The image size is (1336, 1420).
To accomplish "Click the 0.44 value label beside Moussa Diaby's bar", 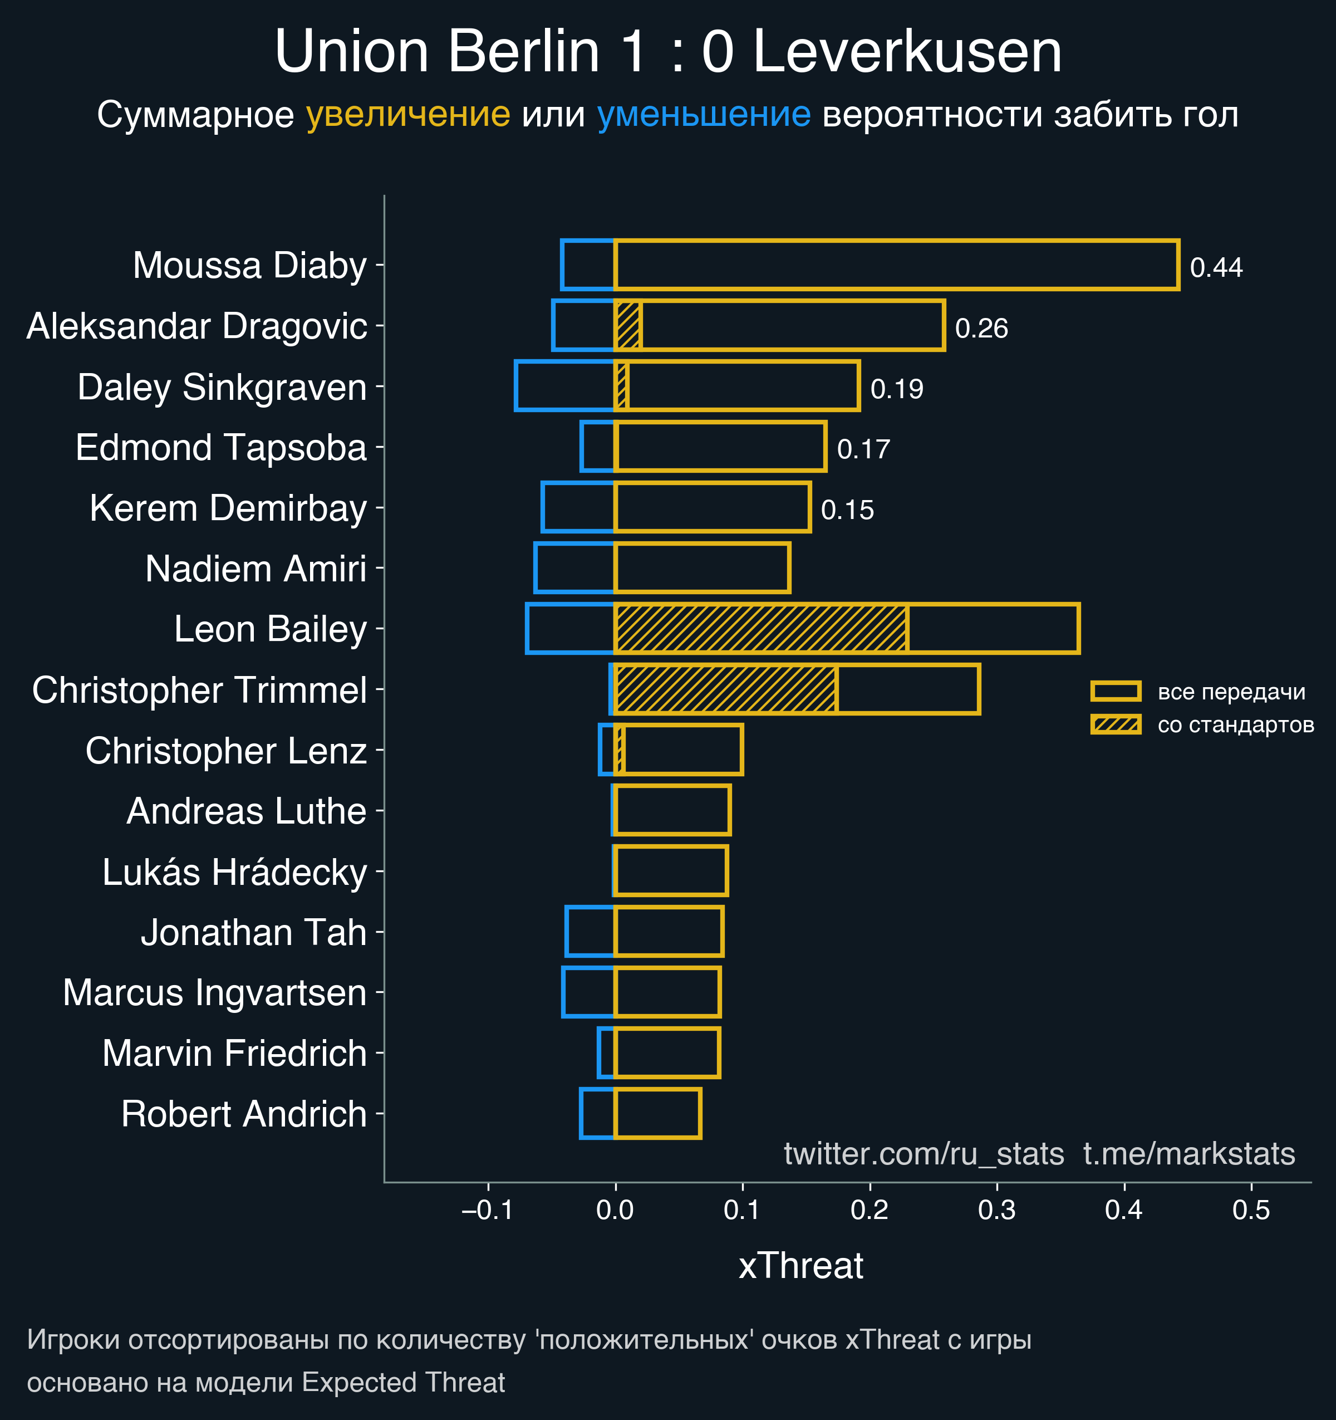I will [x=1216, y=268].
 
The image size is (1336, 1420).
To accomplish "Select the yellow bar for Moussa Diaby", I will [x=896, y=265].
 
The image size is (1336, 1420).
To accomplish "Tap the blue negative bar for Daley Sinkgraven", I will [x=564, y=386].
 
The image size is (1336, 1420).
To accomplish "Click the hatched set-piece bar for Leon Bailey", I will [x=760, y=629].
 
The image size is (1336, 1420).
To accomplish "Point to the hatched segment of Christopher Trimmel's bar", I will [x=725, y=689].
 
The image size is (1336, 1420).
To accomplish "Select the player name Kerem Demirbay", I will [x=228, y=508].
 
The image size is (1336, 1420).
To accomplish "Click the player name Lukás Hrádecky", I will [x=234, y=872].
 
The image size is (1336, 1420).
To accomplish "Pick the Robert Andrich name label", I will [x=243, y=1114].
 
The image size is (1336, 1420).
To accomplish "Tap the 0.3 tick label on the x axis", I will [x=997, y=1210].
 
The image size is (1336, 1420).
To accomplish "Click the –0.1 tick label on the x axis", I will [x=487, y=1210].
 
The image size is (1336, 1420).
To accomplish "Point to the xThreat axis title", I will [x=800, y=1266].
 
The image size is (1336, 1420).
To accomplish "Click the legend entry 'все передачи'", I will [x=1231, y=692].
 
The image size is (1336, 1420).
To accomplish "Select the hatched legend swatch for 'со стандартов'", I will [x=1116, y=724].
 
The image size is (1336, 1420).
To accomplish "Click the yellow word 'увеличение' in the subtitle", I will [x=407, y=114].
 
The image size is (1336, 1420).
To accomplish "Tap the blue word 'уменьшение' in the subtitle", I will [x=703, y=114].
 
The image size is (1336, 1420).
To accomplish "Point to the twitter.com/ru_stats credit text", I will [x=924, y=1154].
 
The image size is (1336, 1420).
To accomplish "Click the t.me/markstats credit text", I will [x=1189, y=1154].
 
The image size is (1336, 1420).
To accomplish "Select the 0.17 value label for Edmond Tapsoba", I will [x=863, y=449].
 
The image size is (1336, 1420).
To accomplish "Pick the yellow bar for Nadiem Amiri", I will [x=702, y=568].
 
